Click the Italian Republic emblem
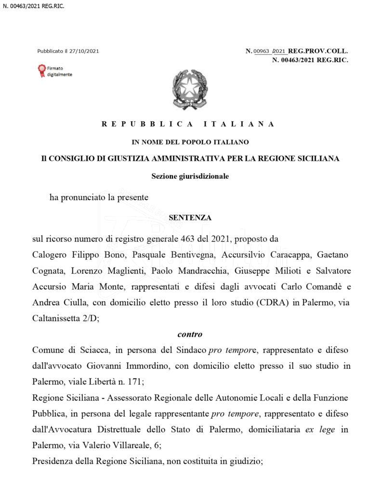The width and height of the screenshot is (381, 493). tap(190, 90)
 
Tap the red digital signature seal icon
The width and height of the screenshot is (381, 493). tap(42, 71)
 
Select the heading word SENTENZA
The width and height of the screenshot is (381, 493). tap(190, 218)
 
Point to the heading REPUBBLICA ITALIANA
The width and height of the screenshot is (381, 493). tap(188, 124)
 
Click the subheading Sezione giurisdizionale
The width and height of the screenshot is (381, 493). tap(190, 176)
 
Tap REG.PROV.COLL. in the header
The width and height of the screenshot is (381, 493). tap(318, 51)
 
